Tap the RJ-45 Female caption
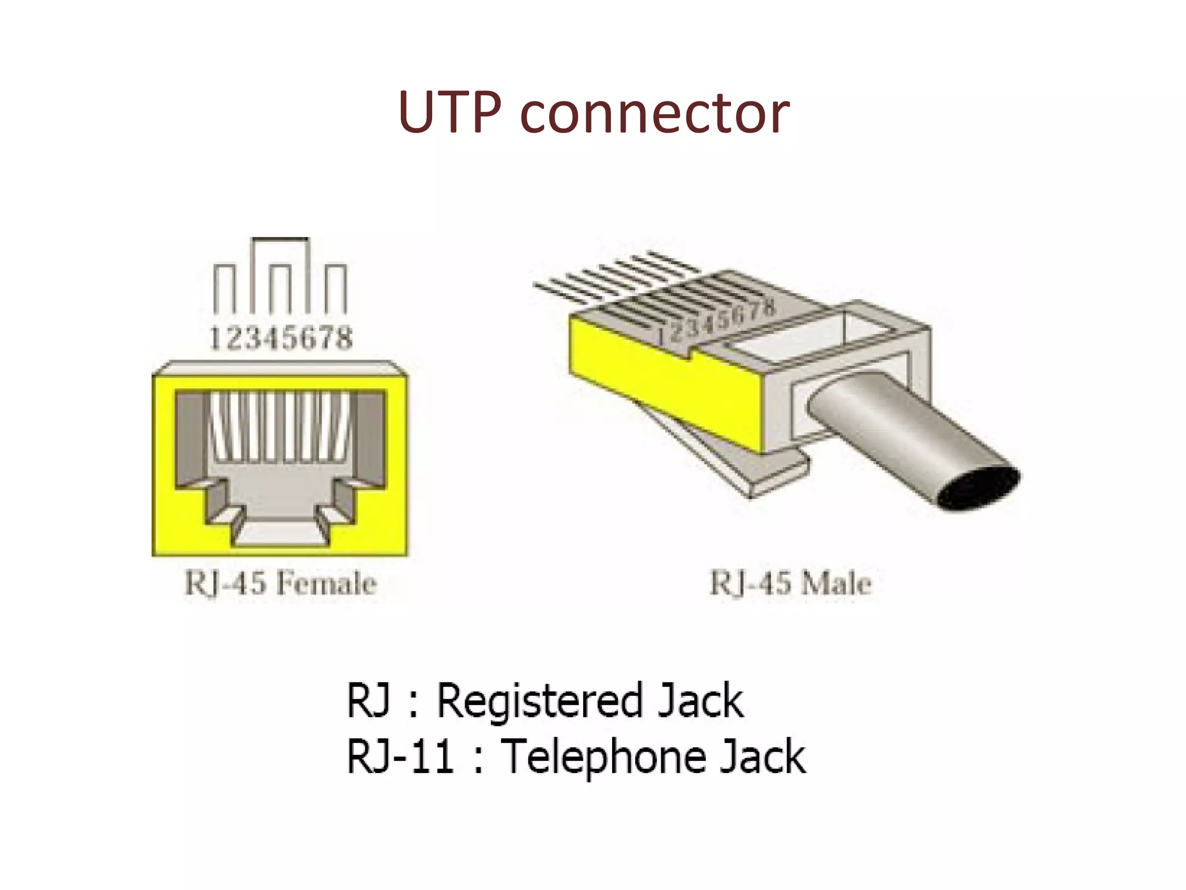(x=280, y=583)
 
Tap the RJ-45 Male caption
(x=790, y=583)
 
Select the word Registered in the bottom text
(x=539, y=701)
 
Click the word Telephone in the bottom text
(x=603, y=757)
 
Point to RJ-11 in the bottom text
(x=400, y=757)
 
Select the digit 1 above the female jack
(x=215, y=338)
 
